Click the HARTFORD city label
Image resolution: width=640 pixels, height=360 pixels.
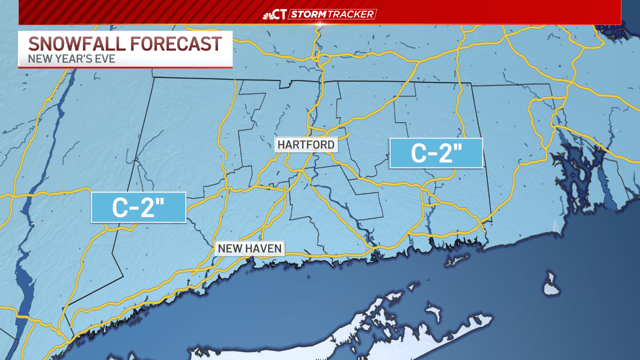306,144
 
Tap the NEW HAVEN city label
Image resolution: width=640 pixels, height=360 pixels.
249,248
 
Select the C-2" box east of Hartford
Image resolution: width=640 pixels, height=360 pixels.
435,153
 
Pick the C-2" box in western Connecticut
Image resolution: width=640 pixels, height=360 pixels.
138,207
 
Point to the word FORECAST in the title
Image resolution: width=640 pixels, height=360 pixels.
175,44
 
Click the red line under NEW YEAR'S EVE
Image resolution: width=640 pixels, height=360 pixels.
125,67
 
